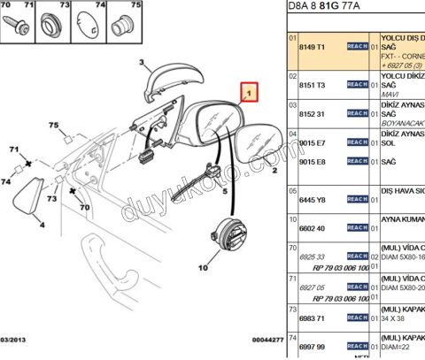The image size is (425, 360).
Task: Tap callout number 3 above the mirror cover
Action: point(140,62)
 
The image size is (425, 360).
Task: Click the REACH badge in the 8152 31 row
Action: point(357,114)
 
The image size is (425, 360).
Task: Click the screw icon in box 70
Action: point(16,24)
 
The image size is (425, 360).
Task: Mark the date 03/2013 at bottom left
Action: point(15,338)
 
